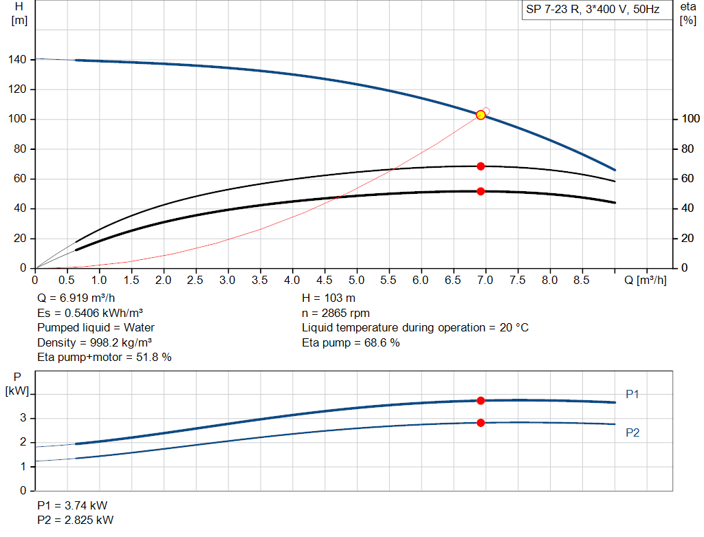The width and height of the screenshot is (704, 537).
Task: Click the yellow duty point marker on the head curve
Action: (x=481, y=115)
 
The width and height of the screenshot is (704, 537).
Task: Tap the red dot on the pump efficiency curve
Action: (x=481, y=166)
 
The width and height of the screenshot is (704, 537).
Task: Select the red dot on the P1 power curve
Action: (x=481, y=400)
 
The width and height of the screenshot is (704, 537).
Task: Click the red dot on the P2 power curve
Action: (x=481, y=422)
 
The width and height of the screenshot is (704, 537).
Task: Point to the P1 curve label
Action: (x=632, y=394)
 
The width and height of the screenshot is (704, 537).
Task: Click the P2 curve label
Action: (x=632, y=432)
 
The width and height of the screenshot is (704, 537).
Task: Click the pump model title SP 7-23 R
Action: (x=593, y=10)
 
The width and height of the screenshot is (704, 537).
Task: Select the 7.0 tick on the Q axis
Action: (x=485, y=280)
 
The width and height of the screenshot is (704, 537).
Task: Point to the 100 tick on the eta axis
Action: (x=688, y=120)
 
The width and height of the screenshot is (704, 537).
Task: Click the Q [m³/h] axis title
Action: (x=645, y=280)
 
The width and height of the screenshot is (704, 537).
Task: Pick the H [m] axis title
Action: (x=19, y=13)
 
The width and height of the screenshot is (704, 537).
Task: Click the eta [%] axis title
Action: (x=688, y=13)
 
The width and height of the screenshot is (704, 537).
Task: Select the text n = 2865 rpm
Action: (x=335, y=313)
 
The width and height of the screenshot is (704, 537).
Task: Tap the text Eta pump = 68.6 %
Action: (x=351, y=342)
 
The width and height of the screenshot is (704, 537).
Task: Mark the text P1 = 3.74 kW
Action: (x=72, y=505)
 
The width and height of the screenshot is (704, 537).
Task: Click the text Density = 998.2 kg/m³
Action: (x=95, y=342)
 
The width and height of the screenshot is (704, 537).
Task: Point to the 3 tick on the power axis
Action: (x=23, y=417)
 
